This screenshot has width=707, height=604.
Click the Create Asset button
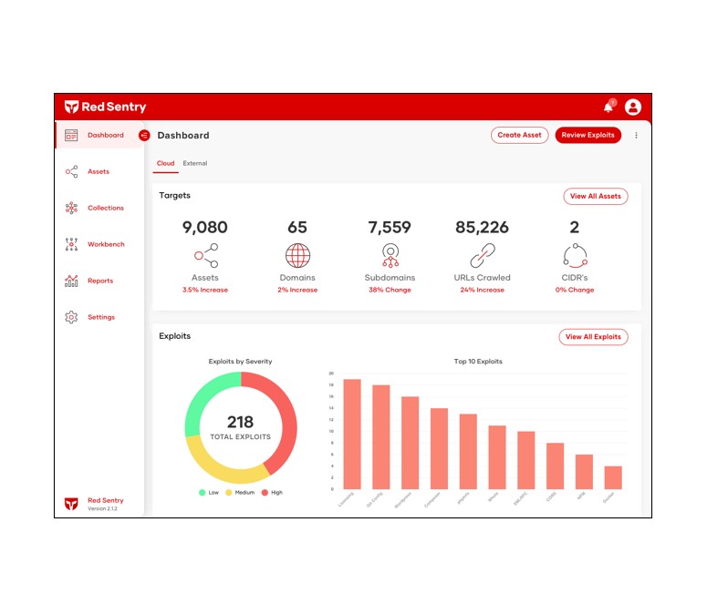520,135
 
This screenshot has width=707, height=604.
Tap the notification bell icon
608,107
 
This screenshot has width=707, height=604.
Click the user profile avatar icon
633,107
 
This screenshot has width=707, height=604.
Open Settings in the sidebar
100,317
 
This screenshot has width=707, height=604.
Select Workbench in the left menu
106,244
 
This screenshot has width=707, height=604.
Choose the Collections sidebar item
105,208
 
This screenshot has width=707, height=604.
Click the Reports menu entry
100,281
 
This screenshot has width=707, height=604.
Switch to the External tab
195,164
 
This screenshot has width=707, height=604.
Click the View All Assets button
596,196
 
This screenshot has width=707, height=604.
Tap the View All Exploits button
593,337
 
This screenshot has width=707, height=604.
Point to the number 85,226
482,228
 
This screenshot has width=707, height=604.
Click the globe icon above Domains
297,255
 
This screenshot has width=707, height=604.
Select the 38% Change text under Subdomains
390,290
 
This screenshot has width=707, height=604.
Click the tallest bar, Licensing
352,434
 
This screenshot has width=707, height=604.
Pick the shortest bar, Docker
613,477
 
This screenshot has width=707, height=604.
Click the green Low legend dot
203,493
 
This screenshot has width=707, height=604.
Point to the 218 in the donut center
241,423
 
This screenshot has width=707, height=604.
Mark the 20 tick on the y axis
331,374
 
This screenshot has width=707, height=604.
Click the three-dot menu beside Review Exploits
636,136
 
